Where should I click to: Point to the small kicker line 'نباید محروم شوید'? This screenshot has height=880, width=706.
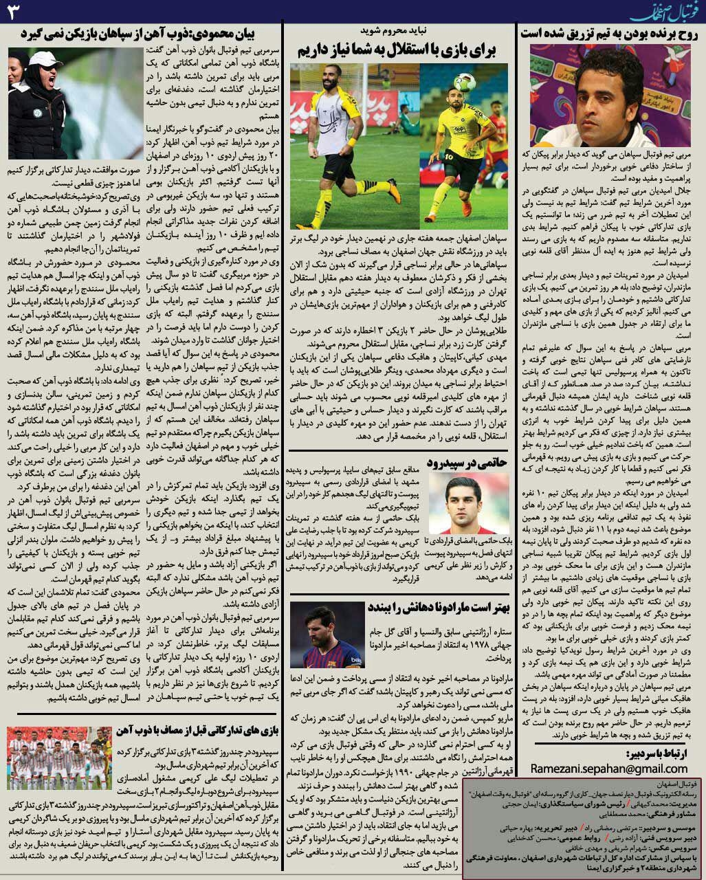(x=398, y=30)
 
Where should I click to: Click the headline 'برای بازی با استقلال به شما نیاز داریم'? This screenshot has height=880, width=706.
(x=398, y=49)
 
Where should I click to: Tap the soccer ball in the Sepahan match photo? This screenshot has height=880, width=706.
(x=465, y=82)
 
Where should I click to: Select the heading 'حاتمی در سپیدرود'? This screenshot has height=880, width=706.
(x=467, y=461)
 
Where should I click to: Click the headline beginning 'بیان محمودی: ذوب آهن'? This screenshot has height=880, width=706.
(x=144, y=32)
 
